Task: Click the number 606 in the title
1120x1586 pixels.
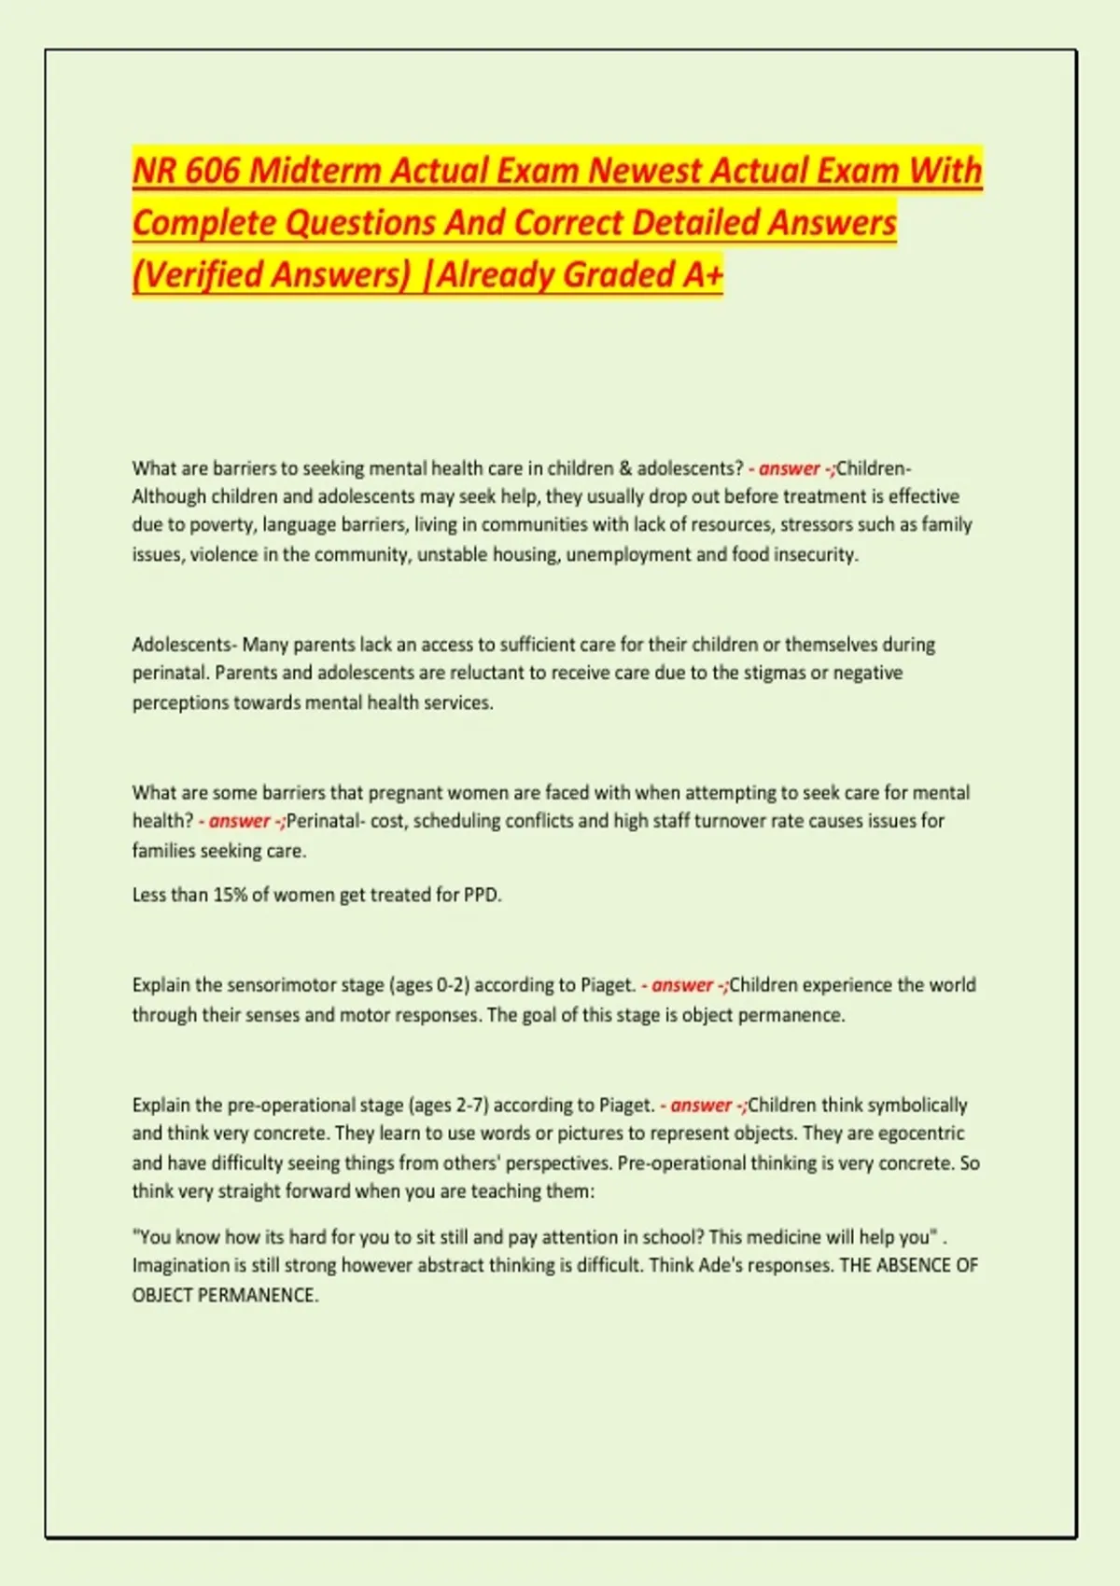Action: [212, 171]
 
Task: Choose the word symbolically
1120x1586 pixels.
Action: [917, 1106]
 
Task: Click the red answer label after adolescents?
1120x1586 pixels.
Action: [789, 468]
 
